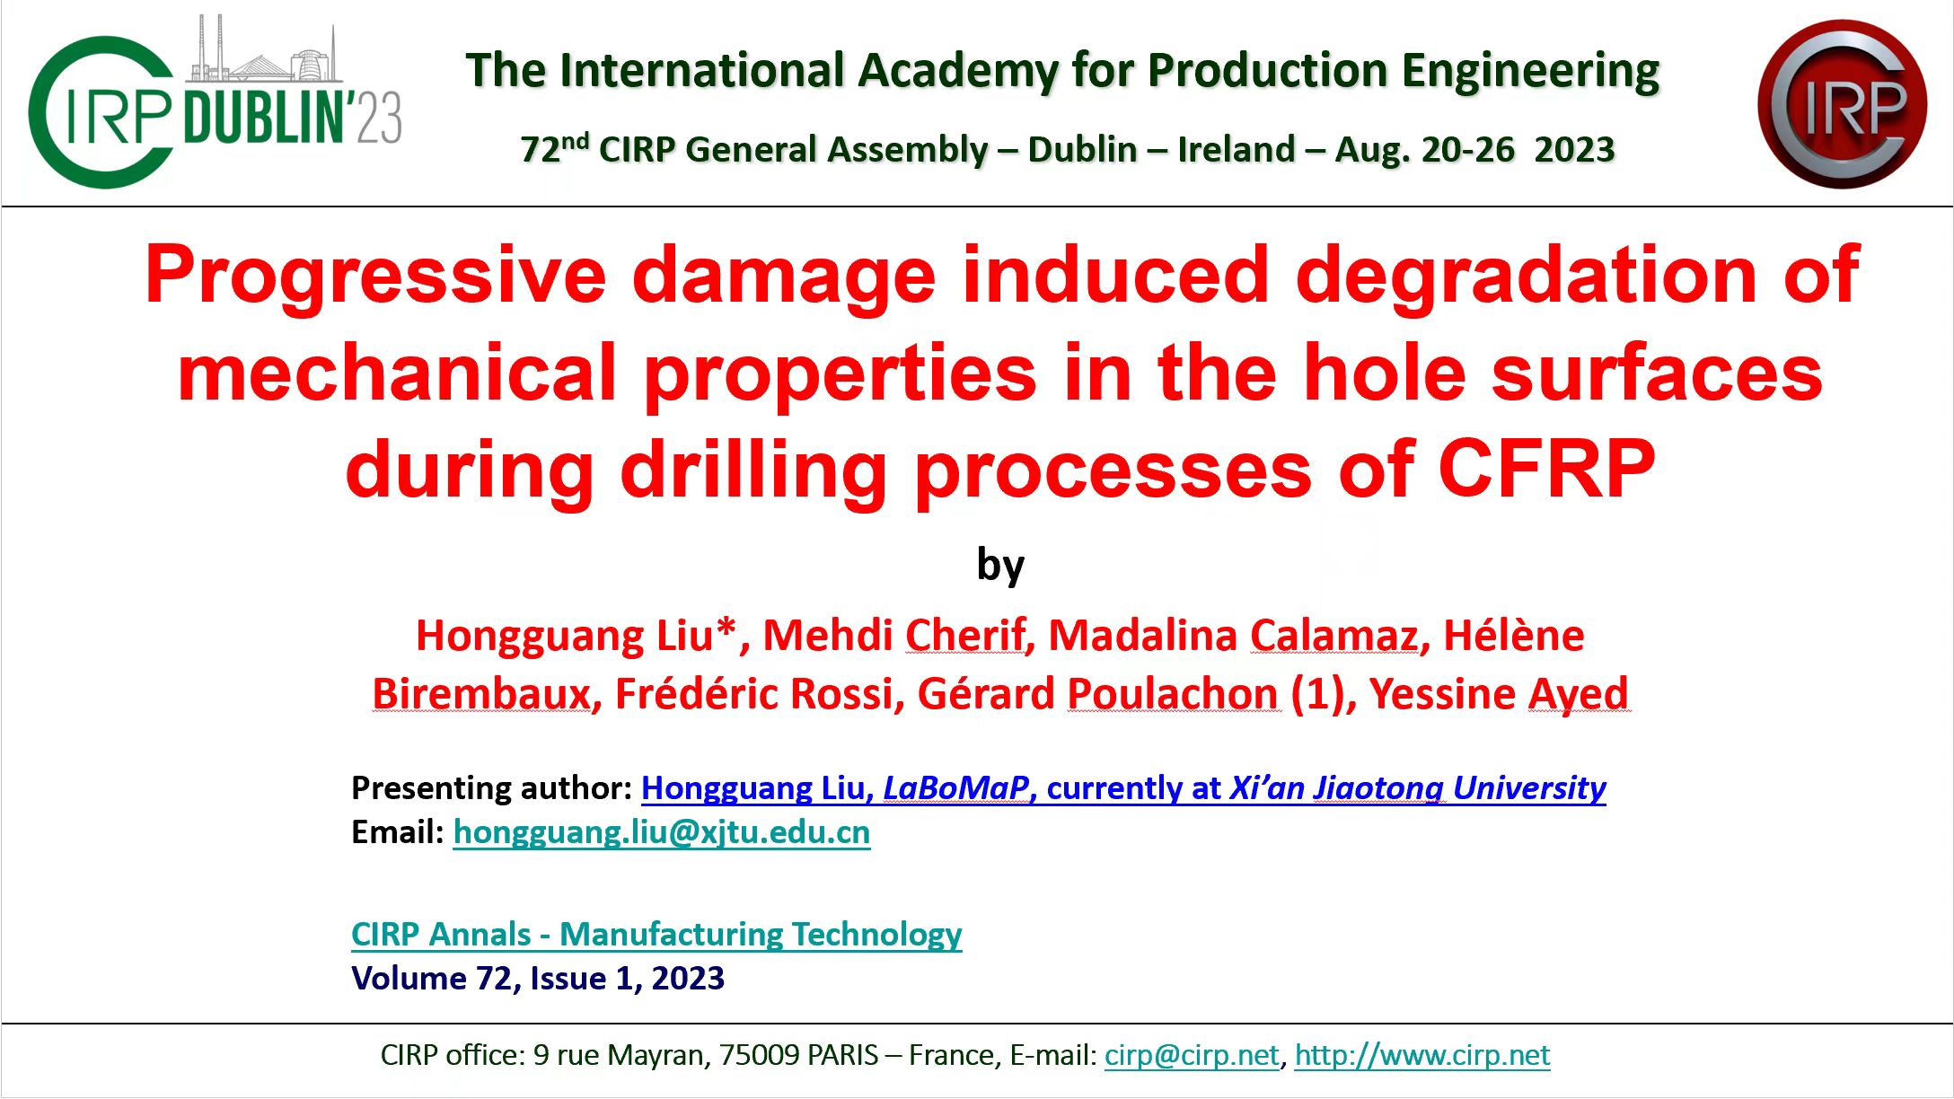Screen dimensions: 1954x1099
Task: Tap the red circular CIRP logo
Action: click(1843, 104)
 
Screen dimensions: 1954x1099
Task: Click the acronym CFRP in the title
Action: click(1546, 469)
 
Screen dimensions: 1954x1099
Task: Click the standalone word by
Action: click(1000, 566)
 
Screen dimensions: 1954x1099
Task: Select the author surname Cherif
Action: click(965, 636)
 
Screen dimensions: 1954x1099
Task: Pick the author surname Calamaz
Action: click(1334, 636)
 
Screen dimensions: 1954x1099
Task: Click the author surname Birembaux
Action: click(481, 694)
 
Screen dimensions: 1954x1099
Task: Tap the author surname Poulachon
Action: click(1173, 694)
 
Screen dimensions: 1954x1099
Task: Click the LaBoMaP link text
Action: click(955, 788)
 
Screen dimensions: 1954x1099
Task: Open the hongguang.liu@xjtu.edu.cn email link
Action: click(662, 832)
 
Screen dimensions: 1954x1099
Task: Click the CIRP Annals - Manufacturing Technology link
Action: click(656, 935)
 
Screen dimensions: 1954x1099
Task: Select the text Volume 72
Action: click(432, 979)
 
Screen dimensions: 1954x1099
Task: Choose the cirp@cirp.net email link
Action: click(1192, 1055)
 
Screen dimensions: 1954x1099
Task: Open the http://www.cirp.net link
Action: click(1422, 1055)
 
